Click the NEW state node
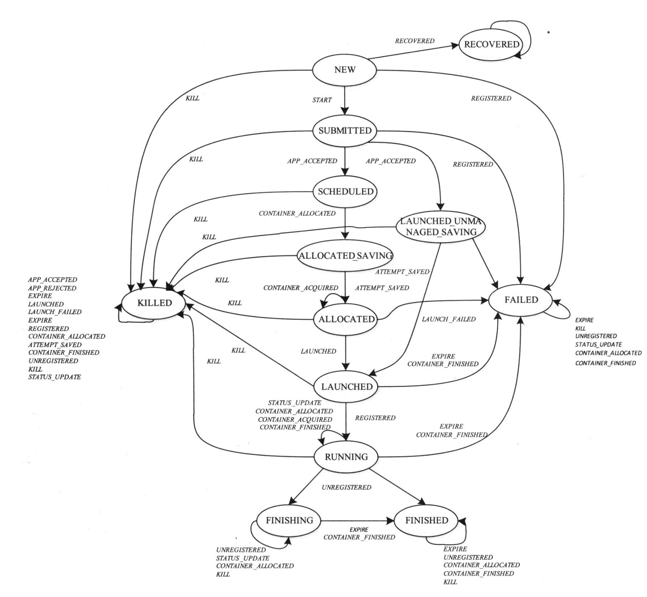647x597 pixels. pos(344,70)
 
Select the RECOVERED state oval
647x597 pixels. pos(492,44)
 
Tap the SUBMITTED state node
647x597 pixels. pos(345,131)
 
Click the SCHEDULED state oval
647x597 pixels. pos(346,191)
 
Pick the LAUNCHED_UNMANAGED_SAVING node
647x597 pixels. pos(441,227)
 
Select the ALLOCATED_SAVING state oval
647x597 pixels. pos(345,256)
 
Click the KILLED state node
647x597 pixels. pos(155,303)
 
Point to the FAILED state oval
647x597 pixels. pos(521,300)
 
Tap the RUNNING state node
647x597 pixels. pos(346,457)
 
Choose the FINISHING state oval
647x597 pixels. pos(289,520)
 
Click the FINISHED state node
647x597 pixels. pos(426,520)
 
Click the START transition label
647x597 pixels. pos(322,100)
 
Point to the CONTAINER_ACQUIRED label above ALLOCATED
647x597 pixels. pos(301,288)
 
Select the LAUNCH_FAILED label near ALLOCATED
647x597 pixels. pos(449,319)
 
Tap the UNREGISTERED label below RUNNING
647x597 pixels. pos(346,488)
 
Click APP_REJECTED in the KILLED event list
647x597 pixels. pos(52,288)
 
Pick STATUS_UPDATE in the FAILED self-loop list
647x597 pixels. pos(598,344)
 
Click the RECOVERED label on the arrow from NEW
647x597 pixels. pos(414,41)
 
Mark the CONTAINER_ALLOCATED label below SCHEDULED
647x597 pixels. pos(297,213)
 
